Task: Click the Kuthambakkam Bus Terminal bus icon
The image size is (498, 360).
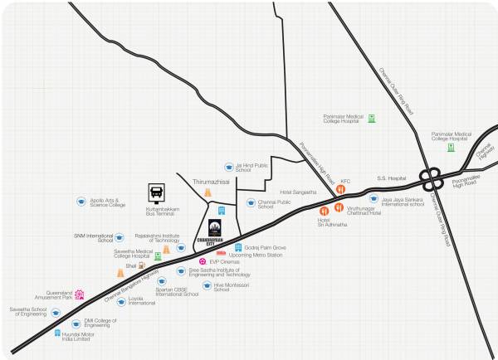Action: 156,192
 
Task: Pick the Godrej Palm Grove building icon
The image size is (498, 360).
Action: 237,247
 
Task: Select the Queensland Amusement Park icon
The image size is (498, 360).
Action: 80,294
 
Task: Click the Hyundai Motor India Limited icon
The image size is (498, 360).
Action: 58,333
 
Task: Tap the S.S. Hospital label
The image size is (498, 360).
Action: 392,178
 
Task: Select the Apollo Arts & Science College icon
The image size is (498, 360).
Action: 81,201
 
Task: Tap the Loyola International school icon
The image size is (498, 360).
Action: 121,301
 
